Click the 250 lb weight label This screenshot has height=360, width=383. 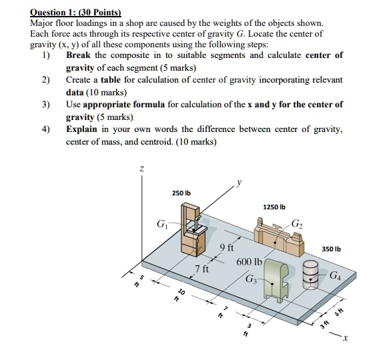pos(181,193)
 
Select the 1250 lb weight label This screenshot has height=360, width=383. pos(274,207)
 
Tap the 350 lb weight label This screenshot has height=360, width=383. pos(331,249)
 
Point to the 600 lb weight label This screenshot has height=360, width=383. pos(249,262)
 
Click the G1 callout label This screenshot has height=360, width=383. pos(162,224)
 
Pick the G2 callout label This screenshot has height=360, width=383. pos(298,223)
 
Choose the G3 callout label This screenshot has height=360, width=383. pos(251,279)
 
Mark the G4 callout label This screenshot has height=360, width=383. pos(336,275)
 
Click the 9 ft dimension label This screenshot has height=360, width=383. pos(227,248)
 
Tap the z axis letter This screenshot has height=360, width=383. pos(141,169)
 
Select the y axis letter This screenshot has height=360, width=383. pos(240,182)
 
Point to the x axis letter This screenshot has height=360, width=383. pos(345,338)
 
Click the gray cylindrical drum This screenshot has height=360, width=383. pos(310,275)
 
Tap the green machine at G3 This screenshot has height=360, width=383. pos(276,280)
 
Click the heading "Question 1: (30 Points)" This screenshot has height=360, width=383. pos(75,12)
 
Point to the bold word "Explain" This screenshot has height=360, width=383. pos(81,129)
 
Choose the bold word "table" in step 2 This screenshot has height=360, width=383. pos(111,80)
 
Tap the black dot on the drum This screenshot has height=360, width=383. pos(310,279)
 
